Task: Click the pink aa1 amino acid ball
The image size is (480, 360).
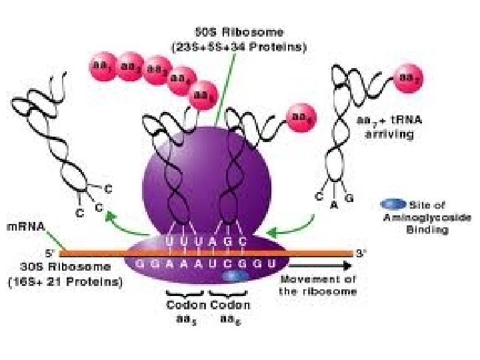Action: click(101, 67)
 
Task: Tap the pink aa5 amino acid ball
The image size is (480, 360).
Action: click(203, 93)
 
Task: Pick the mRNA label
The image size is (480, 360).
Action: click(26, 227)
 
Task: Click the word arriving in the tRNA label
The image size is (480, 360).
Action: click(389, 135)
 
